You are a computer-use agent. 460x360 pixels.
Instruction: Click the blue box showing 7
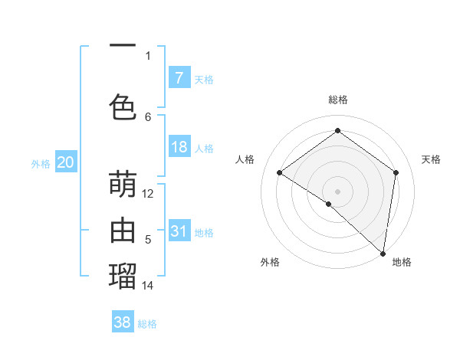point(179,77)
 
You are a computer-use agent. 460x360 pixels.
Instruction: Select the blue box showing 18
point(179,147)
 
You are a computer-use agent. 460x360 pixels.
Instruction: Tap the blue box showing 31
point(179,231)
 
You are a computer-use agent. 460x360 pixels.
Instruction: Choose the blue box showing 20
point(65,162)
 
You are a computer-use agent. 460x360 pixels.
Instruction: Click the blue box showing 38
point(123,322)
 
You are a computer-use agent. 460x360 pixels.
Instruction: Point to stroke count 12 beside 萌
point(148,194)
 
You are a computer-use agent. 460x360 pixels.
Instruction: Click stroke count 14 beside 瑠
point(148,286)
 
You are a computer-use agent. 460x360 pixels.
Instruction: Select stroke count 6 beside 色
point(148,116)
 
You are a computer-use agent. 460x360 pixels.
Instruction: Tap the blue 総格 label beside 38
point(147,324)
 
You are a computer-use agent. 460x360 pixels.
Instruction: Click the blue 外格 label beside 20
point(41,164)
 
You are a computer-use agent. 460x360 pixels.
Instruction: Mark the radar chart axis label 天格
point(431,159)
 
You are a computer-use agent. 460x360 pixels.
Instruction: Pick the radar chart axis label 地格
point(402,262)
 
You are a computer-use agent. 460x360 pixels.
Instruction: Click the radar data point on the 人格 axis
point(280,173)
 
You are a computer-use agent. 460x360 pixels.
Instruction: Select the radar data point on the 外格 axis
point(328,204)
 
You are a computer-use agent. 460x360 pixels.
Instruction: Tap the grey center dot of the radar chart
point(337,191)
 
